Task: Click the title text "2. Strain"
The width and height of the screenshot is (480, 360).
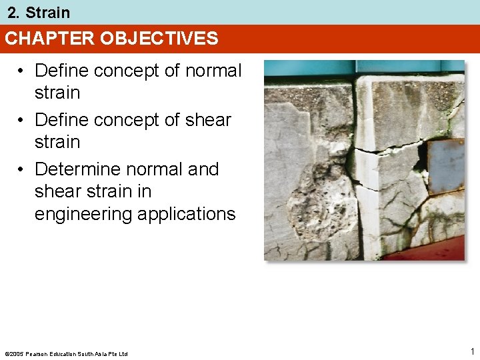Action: [x=39, y=13]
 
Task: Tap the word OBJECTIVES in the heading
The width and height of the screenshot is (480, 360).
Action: [x=159, y=39]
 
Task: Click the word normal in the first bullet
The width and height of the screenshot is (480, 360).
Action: [x=212, y=71]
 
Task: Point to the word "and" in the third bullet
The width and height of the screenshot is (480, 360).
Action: [x=203, y=169]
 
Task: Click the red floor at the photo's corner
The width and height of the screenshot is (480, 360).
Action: [x=437, y=251]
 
